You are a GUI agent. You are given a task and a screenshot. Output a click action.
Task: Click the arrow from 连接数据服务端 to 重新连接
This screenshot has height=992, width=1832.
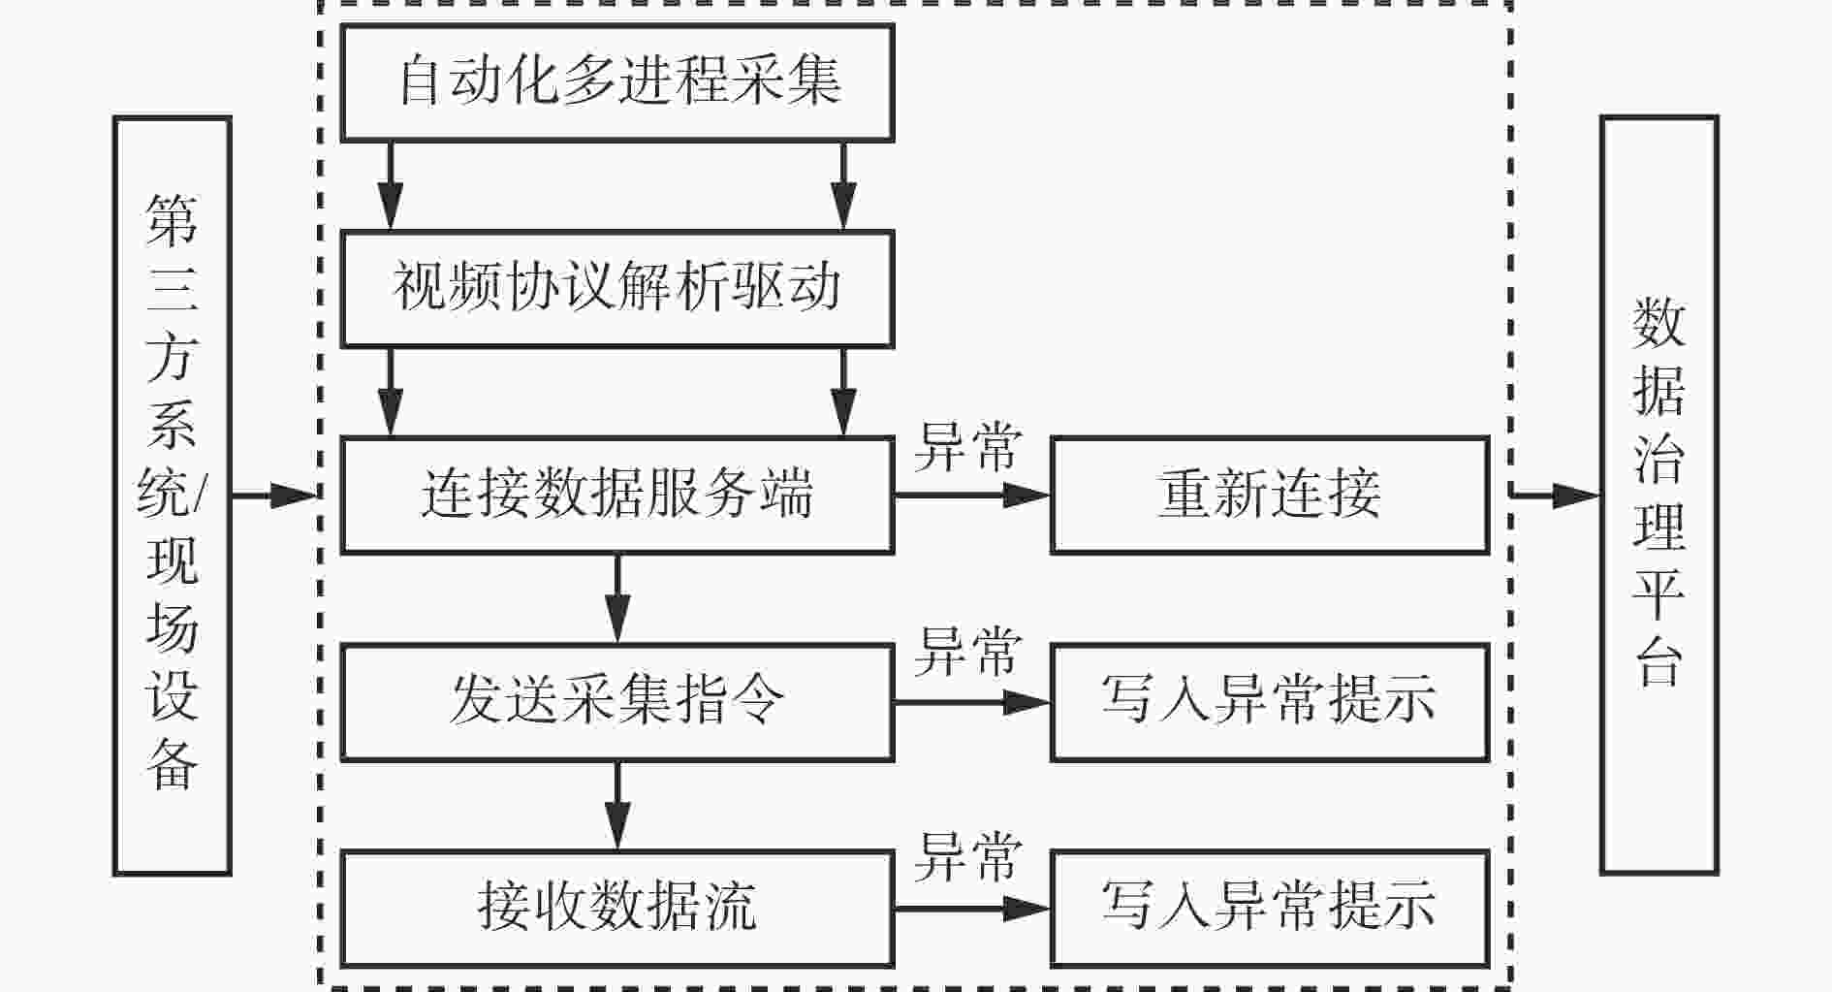coord(972,495)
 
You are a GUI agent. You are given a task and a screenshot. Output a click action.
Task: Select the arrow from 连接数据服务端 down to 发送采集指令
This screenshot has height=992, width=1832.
coord(617,598)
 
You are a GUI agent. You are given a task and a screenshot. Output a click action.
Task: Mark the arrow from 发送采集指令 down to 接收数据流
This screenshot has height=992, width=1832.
coord(617,806)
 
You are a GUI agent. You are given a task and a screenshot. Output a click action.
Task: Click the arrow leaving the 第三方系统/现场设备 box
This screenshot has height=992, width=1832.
coord(275,495)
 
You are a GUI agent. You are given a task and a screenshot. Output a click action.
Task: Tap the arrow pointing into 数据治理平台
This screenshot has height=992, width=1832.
coord(1555,495)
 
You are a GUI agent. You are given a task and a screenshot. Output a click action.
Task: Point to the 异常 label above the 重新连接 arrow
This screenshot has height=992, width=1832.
coord(967,447)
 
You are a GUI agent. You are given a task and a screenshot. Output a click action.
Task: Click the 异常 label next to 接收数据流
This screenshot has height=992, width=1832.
coord(967,857)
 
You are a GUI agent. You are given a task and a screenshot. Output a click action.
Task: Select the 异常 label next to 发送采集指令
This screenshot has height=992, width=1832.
coord(967,651)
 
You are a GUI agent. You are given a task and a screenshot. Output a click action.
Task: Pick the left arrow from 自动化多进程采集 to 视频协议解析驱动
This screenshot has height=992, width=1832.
coord(390,186)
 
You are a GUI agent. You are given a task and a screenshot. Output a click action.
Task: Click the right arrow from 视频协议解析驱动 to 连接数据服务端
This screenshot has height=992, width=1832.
coord(843,392)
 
